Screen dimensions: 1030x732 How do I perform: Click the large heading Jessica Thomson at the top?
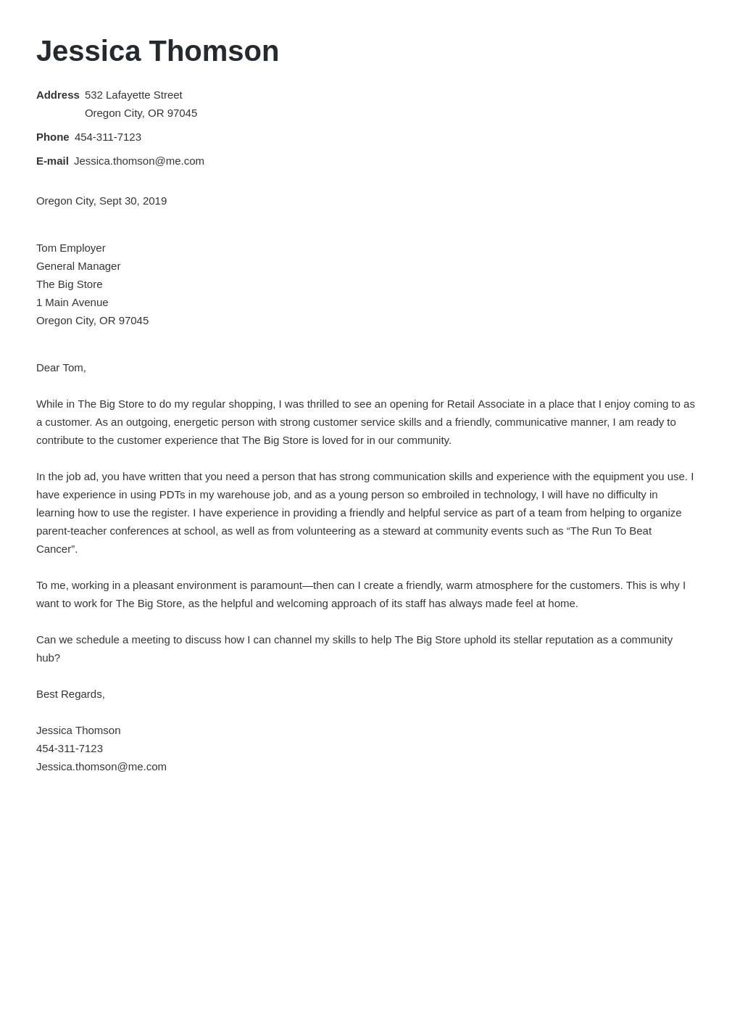coord(157,51)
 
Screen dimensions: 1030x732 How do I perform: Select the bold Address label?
coord(57,95)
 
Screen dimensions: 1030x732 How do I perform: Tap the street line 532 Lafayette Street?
coord(133,95)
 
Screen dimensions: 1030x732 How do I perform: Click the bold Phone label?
coord(52,137)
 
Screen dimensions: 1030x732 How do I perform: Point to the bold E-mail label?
coord(52,161)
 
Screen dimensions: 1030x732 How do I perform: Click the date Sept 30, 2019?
coord(133,201)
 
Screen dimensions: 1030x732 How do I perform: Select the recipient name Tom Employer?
coord(70,248)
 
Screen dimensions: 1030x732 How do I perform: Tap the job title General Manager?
coord(78,266)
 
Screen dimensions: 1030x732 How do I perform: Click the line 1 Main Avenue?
coord(72,302)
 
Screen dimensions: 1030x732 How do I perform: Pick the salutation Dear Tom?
coord(61,368)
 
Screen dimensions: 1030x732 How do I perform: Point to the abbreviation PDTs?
coord(172,495)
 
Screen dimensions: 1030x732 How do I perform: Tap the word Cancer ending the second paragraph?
coord(54,549)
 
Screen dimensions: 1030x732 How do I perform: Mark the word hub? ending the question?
coord(48,658)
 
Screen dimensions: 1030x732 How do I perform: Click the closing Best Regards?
coord(70,694)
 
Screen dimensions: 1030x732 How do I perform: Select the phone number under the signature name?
coord(70,749)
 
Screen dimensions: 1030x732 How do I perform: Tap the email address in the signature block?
coord(101,767)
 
